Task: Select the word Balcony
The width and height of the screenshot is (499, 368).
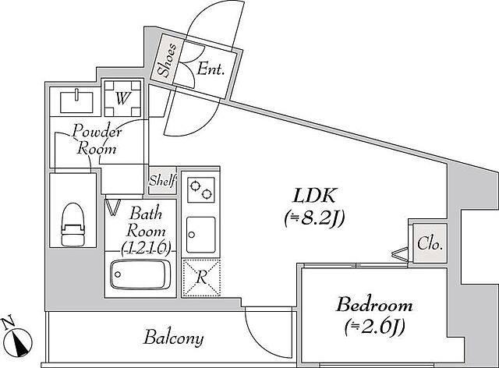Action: [173, 338]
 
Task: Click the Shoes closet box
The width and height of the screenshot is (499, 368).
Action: [167, 60]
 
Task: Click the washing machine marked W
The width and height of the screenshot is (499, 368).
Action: [122, 99]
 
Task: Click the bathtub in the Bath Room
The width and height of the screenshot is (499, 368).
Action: [140, 274]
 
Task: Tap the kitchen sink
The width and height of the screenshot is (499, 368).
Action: [201, 232]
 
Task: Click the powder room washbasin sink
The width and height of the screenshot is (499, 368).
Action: [76, 101]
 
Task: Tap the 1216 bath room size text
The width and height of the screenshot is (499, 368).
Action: [147, 247]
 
